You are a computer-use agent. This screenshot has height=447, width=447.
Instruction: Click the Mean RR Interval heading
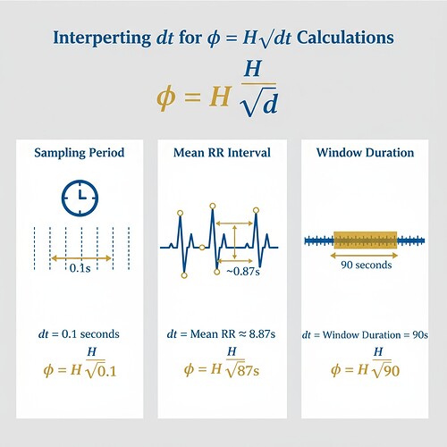[x=223, y=153]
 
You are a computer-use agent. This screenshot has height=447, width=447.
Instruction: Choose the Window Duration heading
[x=365, y=153]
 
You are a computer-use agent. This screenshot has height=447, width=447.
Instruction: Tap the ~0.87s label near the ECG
[x=243, y=271]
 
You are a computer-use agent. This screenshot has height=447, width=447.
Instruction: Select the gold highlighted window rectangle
[x=364, y=240]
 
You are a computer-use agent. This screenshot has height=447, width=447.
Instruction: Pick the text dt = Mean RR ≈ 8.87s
[x=223, y=333]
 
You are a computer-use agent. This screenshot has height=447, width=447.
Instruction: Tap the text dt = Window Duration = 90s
[x=365, y=333]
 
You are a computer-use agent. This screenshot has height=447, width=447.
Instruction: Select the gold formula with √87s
[x=223, y=367]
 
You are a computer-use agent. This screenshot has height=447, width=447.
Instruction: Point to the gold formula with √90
[x=365, y=367]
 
